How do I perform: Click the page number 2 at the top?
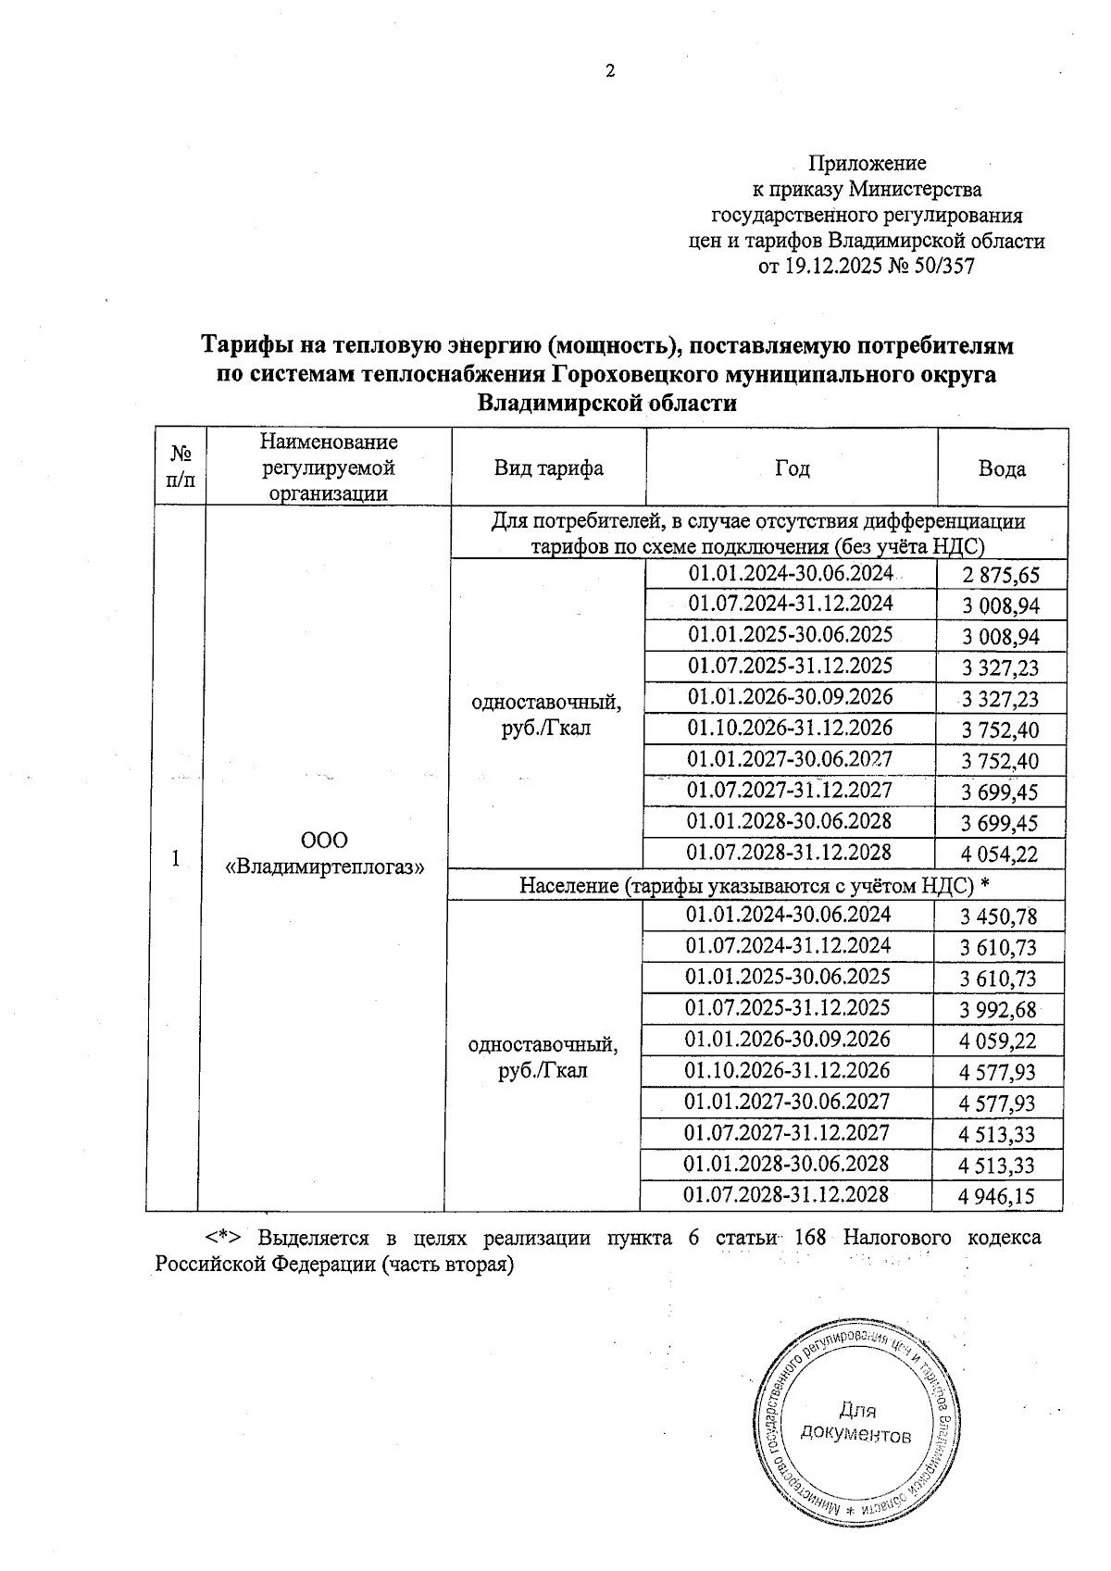point(610,71)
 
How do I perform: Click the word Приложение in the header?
point(868,164)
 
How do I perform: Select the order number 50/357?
point(938,268)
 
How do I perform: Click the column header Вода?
point(1002,468)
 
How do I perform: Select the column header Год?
point(792,468)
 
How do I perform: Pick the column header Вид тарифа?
point(548,468)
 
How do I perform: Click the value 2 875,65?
point(1001,576)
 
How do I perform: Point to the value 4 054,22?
point(1000,855)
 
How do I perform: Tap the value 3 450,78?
point(999,917)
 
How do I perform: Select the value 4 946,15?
point(997,1197)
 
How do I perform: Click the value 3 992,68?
point(999,1010)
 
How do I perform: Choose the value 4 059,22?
point(998,1041)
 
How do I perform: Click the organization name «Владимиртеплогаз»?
point(325,867)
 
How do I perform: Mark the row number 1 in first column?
point(175,857)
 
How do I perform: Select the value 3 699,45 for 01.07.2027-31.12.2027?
point(1000,793)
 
